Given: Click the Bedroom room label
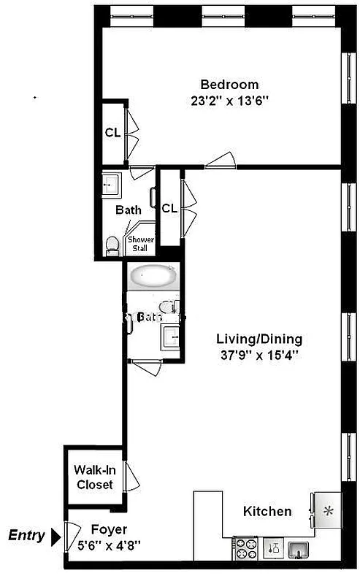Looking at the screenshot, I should coord(229,84).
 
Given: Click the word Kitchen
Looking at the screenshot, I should coord(268,512).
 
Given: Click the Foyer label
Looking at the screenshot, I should coord(109,529).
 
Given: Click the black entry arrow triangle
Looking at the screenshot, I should coord(55,537).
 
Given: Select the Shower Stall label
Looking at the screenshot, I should coord(139,243).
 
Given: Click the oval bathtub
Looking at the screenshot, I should coord(153,277).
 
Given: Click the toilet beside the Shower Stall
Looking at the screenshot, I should coord(112,245).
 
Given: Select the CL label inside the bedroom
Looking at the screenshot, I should coord(112,133).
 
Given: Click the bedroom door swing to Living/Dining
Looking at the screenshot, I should coord(220,161).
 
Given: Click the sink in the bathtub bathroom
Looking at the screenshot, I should coord(172,337).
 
